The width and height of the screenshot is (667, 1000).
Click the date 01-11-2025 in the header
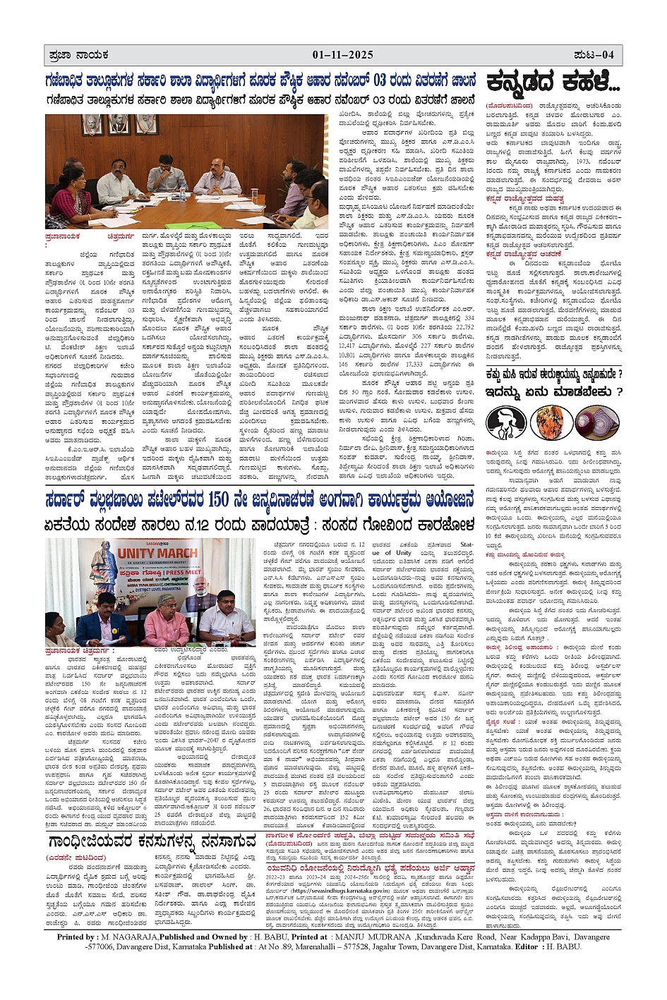pyautogui.click(x=342, y=55)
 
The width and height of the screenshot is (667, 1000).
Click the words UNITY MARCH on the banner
pyautogui.click(x=158, y=552)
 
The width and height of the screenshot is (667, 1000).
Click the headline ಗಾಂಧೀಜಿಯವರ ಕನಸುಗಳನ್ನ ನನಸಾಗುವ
pyautogui.click(x=152, y=842)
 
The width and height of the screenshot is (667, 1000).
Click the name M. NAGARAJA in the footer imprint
pyautogui.click(x=128, y=937)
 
